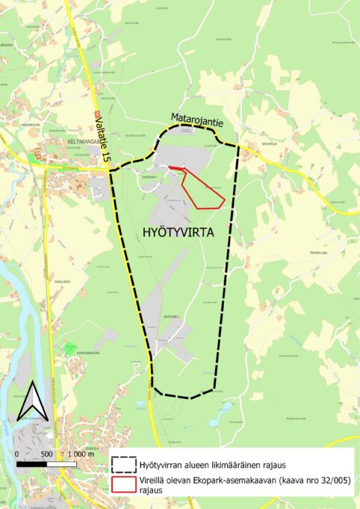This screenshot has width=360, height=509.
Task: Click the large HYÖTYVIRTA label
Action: pos(177,232)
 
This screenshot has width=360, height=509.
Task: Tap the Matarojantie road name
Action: pos(197,118)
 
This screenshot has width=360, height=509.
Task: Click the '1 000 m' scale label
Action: pos(80,454)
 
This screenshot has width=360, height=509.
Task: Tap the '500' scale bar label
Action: pos(46,454)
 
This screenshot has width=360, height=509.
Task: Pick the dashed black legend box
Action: pos(123,463)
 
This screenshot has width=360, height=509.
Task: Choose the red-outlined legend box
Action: pos(123,484)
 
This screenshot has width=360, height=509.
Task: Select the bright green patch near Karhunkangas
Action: pos(71,348)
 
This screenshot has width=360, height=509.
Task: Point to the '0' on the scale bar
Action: pos(16,454)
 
